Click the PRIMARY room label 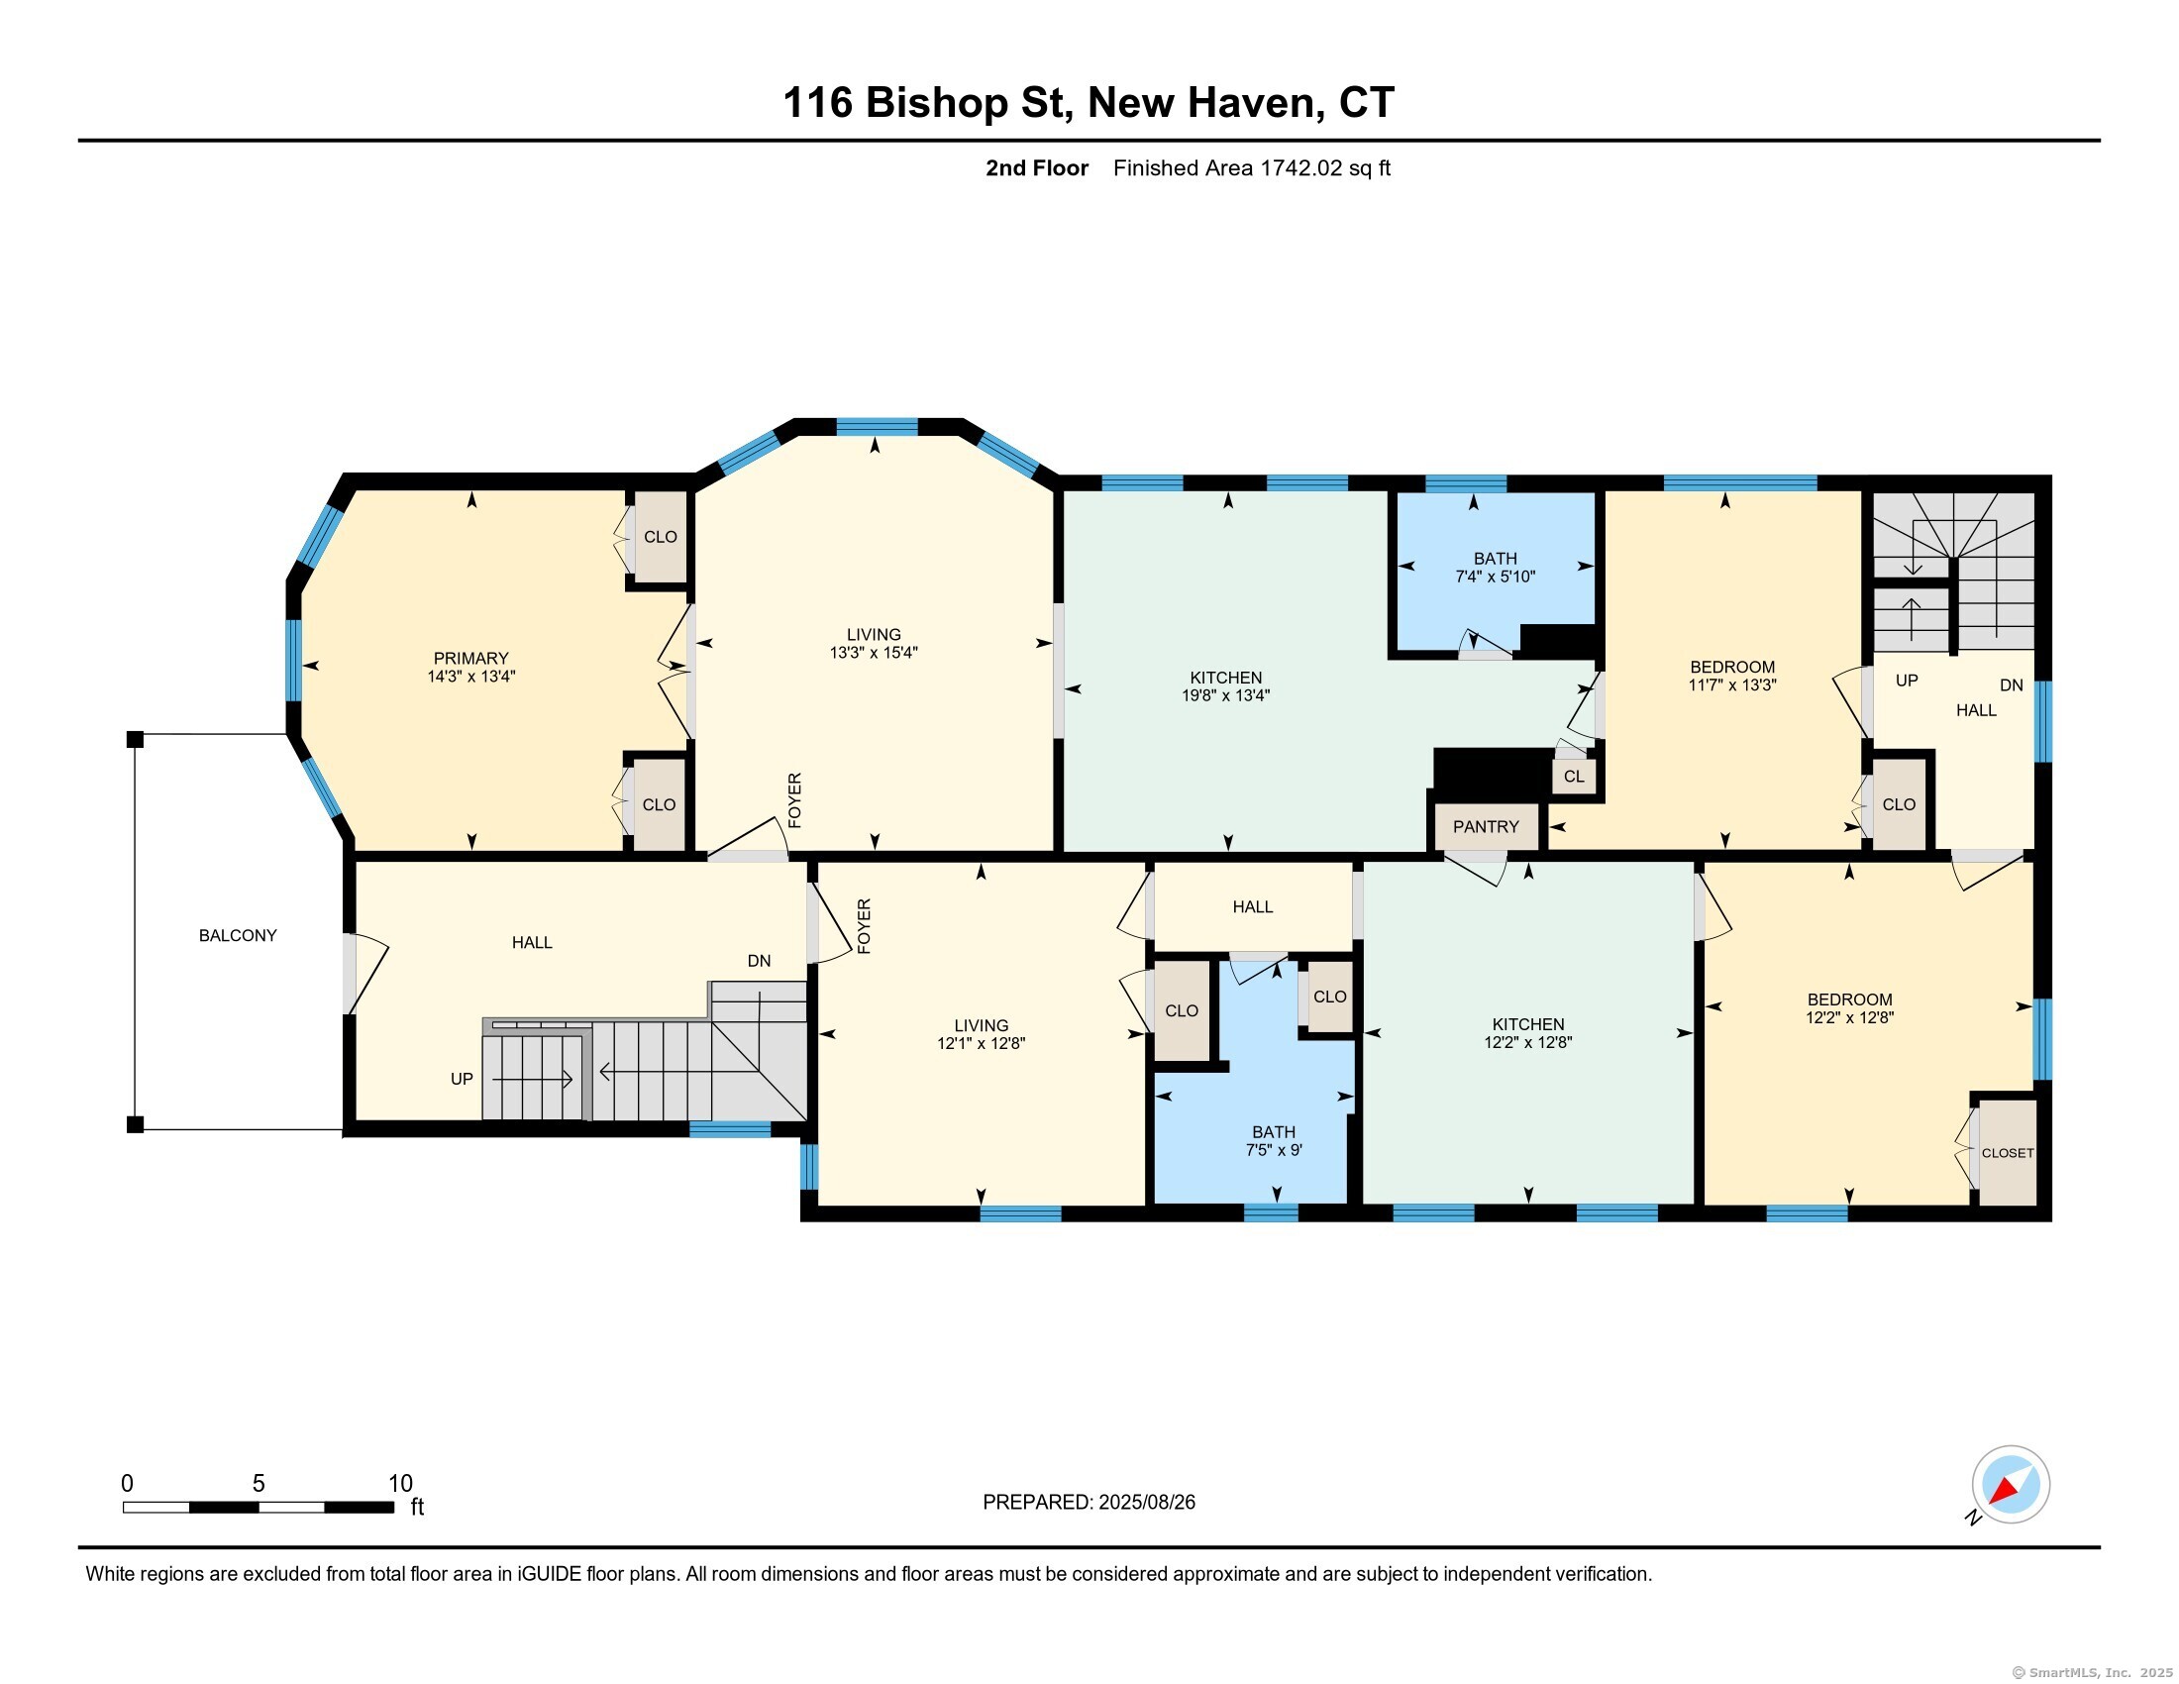[470, 659]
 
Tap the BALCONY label [238, 936]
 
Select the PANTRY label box [1486, 827]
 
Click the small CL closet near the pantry [1575, 777]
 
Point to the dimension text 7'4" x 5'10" [1495, 577]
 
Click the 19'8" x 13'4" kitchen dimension [1225, 695]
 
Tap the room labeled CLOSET [2008, 1152]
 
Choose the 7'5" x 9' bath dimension [1274, 1150]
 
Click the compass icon [2011, 1485]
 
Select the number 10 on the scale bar [400, 1484]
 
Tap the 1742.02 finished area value [1301, 167]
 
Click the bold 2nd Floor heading [1037, 167]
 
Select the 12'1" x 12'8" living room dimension [981, 1043]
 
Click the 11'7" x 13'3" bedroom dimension [1732, 685]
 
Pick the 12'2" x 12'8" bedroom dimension [1850, 1017]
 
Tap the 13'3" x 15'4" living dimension [873, 653]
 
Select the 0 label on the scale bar [127, 1484]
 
